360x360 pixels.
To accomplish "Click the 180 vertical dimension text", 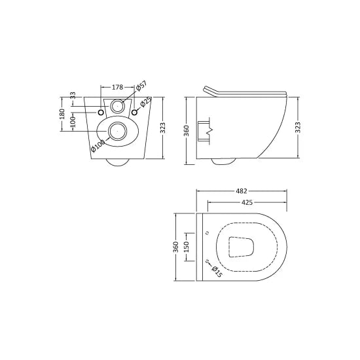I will click(62, 114).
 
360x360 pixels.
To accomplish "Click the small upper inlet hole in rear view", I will click(118, 105).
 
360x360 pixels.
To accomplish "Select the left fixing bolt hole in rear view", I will click(101, 113).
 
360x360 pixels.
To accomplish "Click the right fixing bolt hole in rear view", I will click(135, 113).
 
